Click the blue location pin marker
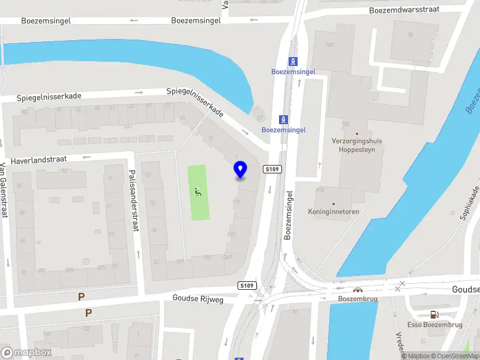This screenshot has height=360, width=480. [240, 170]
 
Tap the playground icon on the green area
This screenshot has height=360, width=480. [199, 192]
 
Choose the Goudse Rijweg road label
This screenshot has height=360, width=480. [197, 298]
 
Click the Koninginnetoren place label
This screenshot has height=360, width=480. [333, 212]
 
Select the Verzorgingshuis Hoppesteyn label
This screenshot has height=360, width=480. [357, 145]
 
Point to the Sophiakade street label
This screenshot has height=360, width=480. [470, 202]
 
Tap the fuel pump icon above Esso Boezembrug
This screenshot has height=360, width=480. [433, 314]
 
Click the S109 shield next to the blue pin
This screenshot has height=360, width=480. [272, 170]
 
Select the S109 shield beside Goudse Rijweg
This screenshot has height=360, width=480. [246, 285]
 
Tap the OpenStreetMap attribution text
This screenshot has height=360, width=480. [454, 356]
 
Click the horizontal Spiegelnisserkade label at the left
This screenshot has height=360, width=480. [49, 96]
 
